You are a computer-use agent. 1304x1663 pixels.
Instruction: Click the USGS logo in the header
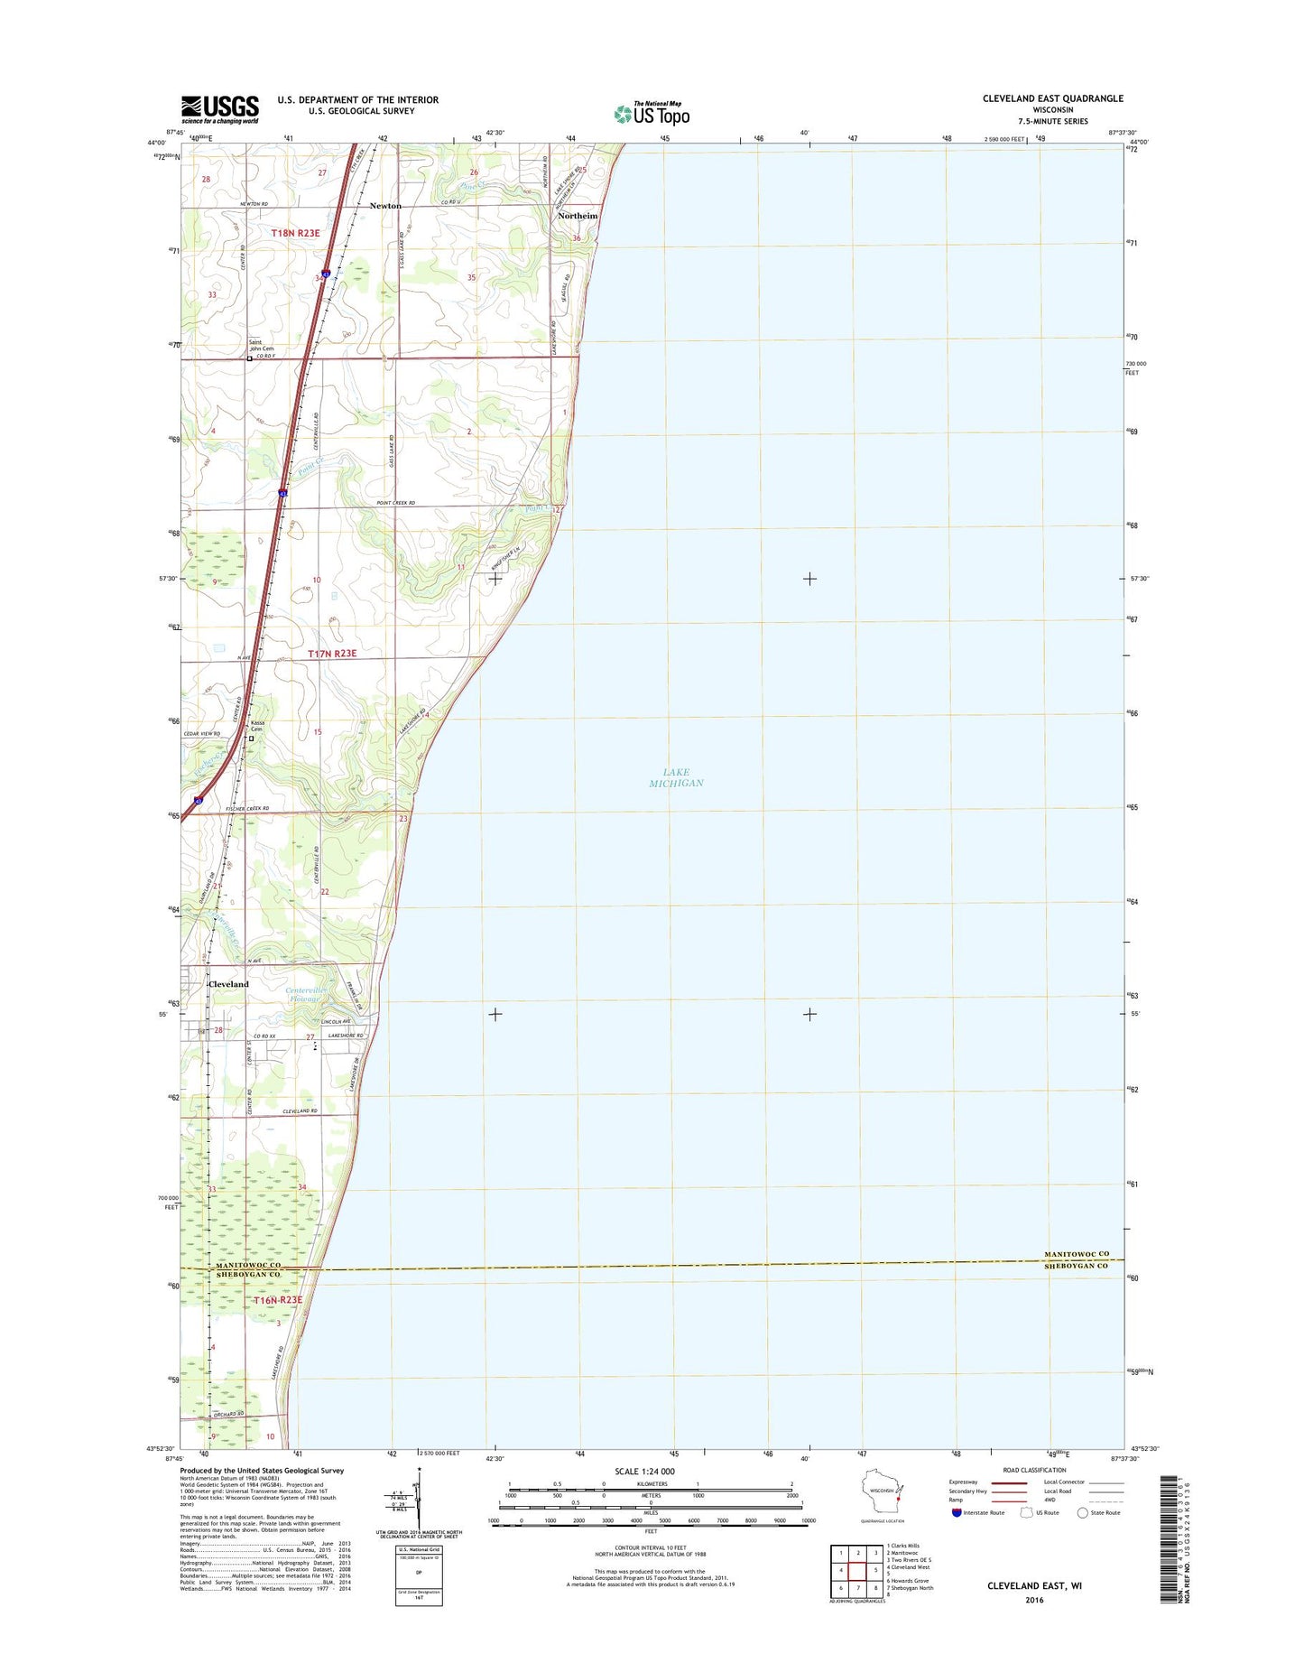(220, 109)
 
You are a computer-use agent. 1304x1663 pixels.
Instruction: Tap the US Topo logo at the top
(652, 114)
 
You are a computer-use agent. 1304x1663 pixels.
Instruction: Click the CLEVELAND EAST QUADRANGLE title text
(1052, 98)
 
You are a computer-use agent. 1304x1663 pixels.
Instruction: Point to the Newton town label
(385, 206)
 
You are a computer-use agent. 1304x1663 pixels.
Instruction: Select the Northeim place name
(578, 216)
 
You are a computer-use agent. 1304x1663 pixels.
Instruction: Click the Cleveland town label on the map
(228, 984)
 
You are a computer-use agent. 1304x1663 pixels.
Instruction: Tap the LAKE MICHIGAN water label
(676, 777)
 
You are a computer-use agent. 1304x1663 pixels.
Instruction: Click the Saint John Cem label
(261, 345)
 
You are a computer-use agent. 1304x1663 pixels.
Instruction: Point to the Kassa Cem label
(258, 726)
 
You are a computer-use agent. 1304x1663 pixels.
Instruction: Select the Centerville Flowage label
(303, 994)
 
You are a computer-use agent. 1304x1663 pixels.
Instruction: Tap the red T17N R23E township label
(331, 654)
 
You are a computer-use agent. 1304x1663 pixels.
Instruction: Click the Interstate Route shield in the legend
(956, 1538)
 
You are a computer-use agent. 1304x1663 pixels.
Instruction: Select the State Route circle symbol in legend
(1082, 1538)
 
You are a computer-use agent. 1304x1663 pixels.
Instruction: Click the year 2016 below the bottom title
(1034, 1600)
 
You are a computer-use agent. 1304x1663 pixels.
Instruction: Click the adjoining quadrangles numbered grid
(857, 1570)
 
